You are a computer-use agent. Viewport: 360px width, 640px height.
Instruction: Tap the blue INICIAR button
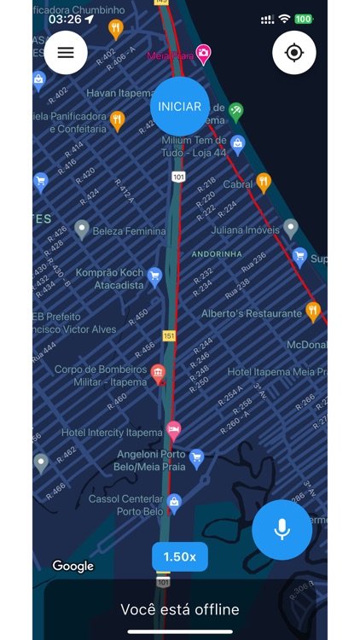[x=179, y=107]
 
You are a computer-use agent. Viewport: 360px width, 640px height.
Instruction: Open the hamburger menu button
[x=66, y=52]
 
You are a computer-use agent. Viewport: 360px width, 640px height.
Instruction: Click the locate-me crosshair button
[x=294, y=52]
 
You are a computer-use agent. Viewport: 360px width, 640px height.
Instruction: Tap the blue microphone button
[x=282, y=529]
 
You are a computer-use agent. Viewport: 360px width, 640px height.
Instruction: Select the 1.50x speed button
[x=180, y=556]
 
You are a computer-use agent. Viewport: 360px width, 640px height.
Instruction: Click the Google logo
[x=73, y=566]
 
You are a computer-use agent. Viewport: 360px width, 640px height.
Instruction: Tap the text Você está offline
[x=180, y=609]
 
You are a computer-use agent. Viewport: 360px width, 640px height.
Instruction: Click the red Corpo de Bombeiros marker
[x=158, y=373]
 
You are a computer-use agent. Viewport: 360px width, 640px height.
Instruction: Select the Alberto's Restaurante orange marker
[x=313, y=311]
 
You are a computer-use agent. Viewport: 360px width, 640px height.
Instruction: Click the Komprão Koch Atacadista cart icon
[x=154, y=276]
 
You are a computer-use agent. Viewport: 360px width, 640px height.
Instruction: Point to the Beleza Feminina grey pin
[x=82, y=229]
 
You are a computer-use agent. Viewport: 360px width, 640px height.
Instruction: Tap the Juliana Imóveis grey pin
[x=291, y=228]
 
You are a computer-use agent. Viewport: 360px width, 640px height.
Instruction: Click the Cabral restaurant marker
[x=264, y=183]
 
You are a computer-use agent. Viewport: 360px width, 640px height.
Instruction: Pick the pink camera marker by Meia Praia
[x=203, y=55]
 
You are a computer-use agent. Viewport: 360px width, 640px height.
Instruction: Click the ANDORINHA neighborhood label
[x=217, y=254]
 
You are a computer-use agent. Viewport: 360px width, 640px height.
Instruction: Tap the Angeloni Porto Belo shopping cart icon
[x=196, y=458]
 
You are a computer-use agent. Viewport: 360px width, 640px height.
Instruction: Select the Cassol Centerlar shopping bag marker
[x=174, y=503]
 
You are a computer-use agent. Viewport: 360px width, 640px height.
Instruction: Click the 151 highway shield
[x=169, y=336]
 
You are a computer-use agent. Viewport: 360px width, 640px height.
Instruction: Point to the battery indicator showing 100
[x=304, y=19]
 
